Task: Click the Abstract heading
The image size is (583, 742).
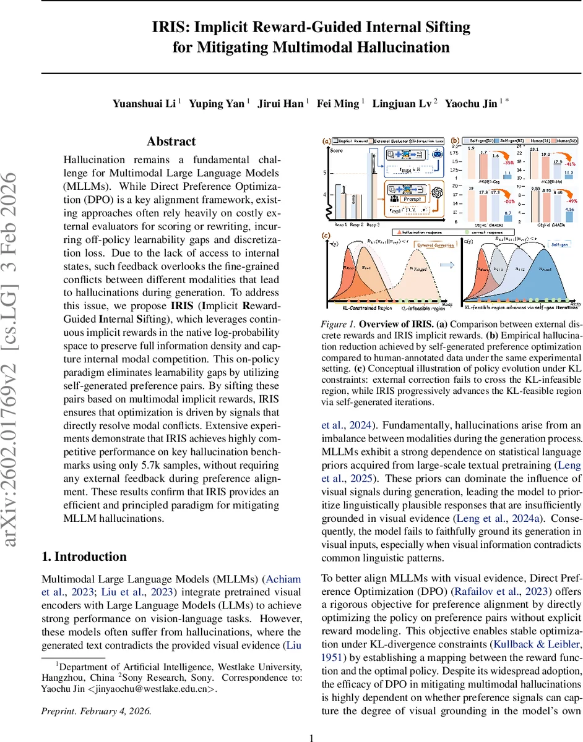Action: pyautogui.click(x=171, y=142)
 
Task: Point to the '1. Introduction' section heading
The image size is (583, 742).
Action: pyautogui.click(x=84, y=556)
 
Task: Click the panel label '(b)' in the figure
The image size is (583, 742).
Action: pyautogui.click(x=455, y=141)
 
